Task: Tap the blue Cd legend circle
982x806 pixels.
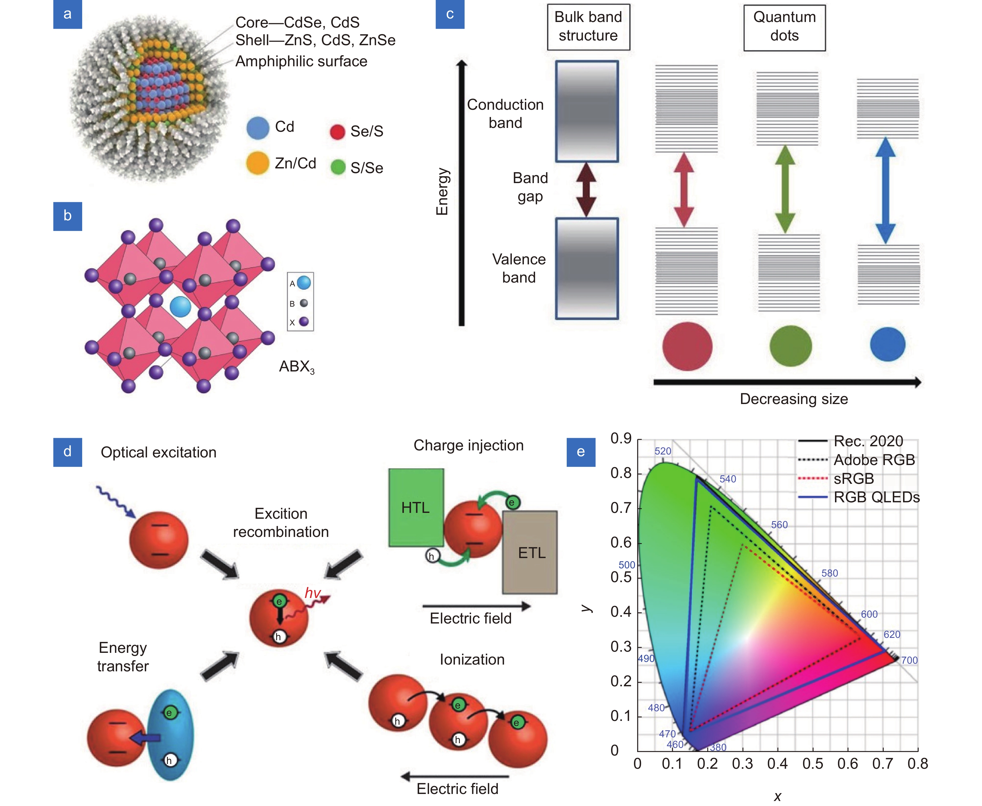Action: tap(258, 128)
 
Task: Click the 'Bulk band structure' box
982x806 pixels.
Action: tap(588, 27)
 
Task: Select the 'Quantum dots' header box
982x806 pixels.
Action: tap(784, 27)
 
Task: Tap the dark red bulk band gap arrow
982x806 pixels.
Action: tap(586, 190)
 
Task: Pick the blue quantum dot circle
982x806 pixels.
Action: tap(887, 344)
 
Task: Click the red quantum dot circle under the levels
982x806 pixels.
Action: tap(687, 346)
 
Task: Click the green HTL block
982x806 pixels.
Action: tap(416, 508)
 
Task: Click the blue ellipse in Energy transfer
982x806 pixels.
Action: tap(171, 735)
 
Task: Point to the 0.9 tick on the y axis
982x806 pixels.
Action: tap(621, 439)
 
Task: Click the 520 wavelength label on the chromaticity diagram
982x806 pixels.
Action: tap(663, 451)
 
